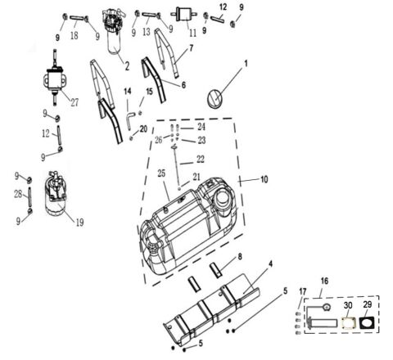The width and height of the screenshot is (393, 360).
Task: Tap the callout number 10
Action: tap(264, 179)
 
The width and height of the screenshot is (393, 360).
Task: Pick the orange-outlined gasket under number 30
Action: tap(349, 323)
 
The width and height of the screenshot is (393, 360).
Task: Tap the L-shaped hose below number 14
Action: tap(129, 118)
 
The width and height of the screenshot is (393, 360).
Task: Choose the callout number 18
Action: tap(74, 36)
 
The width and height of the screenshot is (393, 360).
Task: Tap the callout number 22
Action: tap(201, 159)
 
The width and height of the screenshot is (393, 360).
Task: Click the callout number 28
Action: tap(16, 195)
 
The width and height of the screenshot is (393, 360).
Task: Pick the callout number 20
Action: tap(144, 128)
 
